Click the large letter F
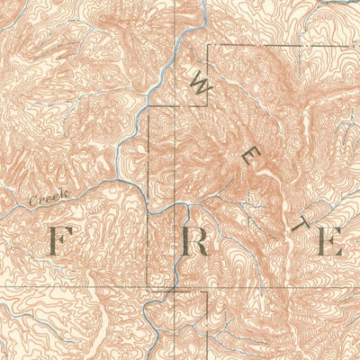coord(60,240)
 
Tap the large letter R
coord(195,240)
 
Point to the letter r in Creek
coord(40,200)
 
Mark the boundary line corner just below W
coord(209,107)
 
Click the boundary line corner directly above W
coord(209,45)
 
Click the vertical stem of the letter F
coord(55,240)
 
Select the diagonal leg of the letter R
coord(202,248)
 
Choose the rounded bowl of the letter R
coord(199,234)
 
